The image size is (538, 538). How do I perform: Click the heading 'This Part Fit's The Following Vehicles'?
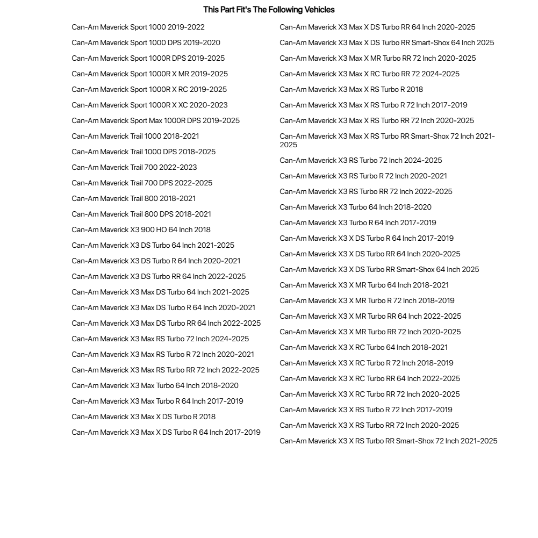[x=269, y=10]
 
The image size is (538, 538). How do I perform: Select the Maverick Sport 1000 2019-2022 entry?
[x=138, y=27]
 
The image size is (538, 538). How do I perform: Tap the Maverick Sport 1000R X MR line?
[x=149, y=74]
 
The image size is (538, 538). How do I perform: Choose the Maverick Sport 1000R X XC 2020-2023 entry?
[x=149, y=105]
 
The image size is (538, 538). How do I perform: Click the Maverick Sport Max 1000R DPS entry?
[x=155, y=121]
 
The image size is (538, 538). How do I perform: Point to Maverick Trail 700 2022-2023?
[x=134, y=168]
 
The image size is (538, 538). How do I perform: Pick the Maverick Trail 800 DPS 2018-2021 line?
[x=141, y=214]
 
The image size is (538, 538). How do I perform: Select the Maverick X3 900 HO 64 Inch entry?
[x=141, y=230]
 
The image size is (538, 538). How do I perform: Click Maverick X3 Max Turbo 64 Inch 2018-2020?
[x=155, y=386]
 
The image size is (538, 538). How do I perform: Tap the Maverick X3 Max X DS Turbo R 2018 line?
[x=144, y=417]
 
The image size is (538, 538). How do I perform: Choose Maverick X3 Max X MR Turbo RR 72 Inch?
[x=377, y=59]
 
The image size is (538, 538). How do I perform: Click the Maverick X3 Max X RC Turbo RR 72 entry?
[x=369, y=74]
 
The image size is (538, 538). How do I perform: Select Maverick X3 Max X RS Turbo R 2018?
[x=351, y=90]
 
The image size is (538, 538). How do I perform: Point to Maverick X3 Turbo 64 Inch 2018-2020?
[x=355, y=207]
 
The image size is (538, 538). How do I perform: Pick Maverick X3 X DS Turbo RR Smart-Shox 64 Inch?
[x=379, y=270]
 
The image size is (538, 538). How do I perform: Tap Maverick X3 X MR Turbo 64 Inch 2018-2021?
[x=364, y=285]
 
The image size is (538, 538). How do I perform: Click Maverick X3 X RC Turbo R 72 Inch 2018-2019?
[x=366, y=363]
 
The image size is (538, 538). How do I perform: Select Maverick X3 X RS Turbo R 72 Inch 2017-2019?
[x=365, y=410]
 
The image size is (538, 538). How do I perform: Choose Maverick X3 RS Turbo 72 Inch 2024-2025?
[x=361, y=161]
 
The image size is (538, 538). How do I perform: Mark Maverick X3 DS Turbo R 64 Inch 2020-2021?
[x=156, y=261]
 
